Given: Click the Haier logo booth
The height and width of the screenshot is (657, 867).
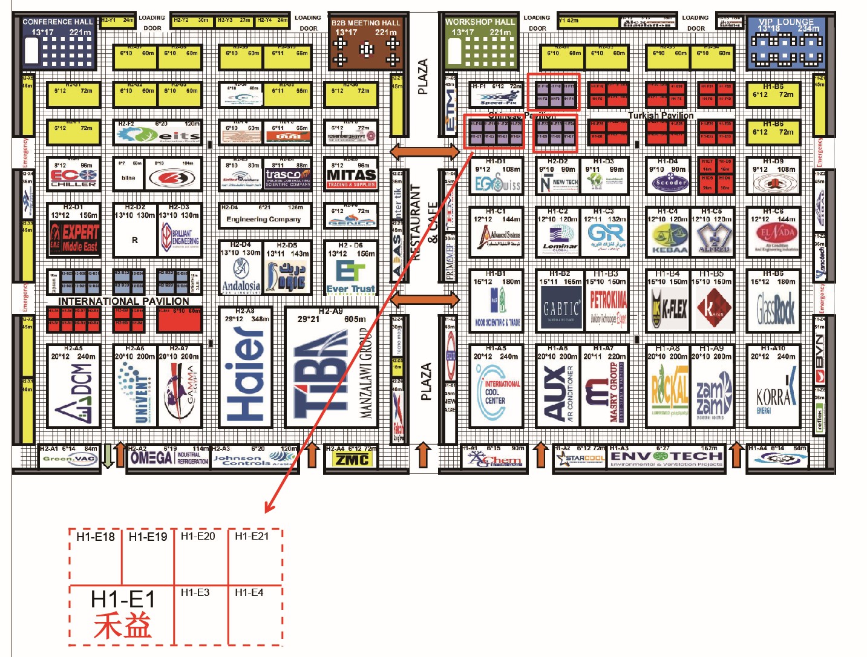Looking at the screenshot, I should (244, 375).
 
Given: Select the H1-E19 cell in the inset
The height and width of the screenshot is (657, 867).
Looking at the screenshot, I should (148, 537).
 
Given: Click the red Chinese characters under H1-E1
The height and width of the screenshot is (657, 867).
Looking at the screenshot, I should (122, 626).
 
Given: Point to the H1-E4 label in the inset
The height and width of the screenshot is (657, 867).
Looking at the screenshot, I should (249, 593).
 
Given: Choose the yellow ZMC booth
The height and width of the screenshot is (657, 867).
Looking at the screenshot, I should (352, 460).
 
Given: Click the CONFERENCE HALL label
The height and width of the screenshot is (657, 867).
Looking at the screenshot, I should (57, 22).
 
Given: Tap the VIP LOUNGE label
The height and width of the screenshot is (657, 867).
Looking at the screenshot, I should (786, 22).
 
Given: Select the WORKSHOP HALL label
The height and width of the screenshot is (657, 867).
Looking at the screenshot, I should (480, 22).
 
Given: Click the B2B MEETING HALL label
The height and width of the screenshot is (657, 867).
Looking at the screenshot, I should (365, 23).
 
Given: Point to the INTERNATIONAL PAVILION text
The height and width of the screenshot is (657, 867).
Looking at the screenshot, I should (123, 301).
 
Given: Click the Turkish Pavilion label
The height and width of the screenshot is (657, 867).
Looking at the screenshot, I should (660, 116).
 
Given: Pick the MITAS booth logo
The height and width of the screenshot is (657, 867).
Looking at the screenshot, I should (352, 176).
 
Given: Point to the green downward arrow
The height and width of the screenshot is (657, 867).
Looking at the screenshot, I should (107, 456).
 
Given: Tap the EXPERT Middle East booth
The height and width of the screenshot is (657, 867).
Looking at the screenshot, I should (74, 237).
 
